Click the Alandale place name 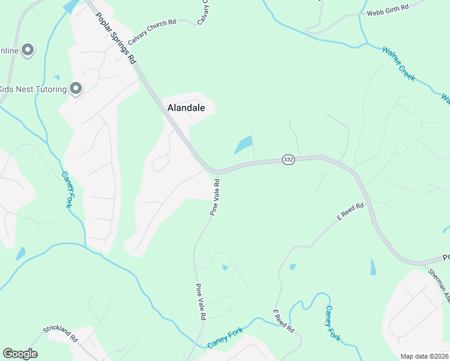[186, 108]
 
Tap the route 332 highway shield [289, 159]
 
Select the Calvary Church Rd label [152, 26]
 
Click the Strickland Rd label [61, 334]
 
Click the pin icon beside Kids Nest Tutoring [76, 89]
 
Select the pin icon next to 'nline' [28, 51]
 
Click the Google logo [20, 354]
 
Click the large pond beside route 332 [244, 145]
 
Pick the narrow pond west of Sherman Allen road [373, 267]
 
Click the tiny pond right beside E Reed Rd [292, 267]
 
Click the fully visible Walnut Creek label [398, 64]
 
